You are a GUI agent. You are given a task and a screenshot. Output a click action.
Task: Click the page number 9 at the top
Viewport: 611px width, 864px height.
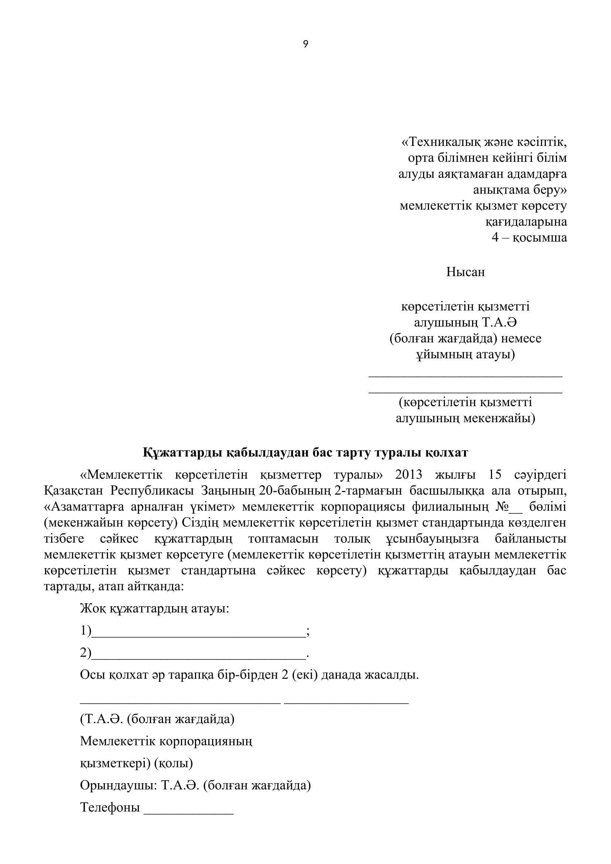coord(305,44)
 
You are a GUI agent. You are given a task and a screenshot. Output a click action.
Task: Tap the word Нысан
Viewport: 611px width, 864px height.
coord(465,272)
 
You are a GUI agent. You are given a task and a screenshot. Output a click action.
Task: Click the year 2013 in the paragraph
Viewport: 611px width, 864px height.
coord(409,475)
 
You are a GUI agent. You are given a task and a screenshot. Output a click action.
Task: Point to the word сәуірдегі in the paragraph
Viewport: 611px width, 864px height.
coord(540,475)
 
